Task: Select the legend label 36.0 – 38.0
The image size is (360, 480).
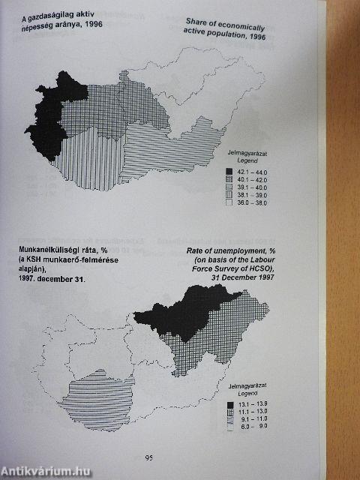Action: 252,202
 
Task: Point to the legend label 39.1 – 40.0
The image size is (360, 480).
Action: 252,187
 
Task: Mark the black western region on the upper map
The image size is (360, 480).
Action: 47,120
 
